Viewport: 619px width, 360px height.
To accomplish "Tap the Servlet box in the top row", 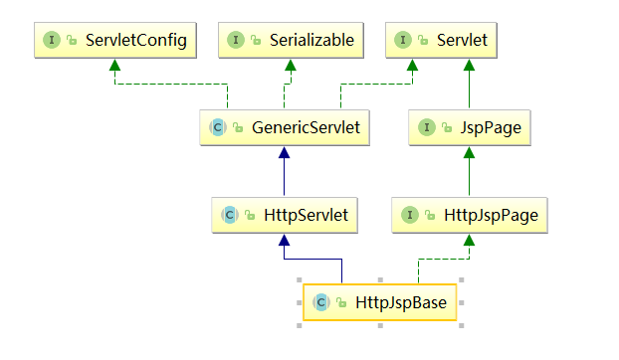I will tap(441, 40).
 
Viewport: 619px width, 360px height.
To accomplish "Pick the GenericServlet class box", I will tap(284, 127).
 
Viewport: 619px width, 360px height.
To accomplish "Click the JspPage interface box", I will tap(469, 127).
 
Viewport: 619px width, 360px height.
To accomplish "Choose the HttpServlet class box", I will tap(284, 213).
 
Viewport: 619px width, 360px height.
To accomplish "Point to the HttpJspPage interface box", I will tap(469, 213).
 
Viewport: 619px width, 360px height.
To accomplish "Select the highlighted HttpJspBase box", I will tap(379, 301).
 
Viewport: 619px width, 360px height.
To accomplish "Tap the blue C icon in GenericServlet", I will tap(217, 128).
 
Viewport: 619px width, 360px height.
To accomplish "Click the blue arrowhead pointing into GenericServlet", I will tap(284, 153).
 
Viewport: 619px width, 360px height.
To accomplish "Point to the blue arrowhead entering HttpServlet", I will tap(284, 239).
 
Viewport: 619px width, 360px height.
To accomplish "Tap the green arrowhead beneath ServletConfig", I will tap(113, 65).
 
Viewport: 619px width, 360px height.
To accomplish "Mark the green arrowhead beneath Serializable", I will tap(291, 65).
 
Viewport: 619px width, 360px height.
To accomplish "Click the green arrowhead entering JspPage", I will tap(469, 153).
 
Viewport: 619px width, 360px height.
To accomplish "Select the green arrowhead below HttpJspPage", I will tap(469, 239).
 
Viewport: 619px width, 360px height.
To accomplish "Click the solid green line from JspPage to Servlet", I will tap(469, 90).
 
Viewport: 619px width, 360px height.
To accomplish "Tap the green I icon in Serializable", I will tap(236, 41).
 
